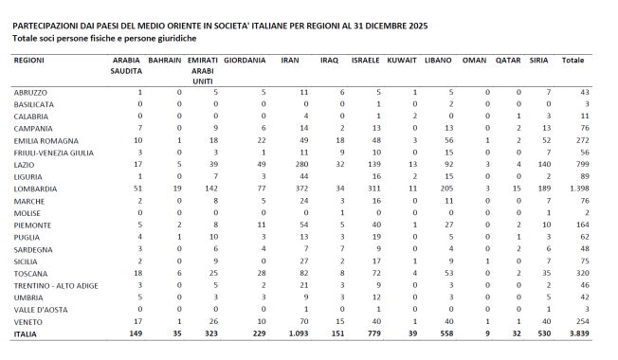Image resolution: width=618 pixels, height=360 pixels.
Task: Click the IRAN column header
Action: coord(291,60)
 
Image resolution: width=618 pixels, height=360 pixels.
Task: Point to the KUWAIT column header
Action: coord(402,60)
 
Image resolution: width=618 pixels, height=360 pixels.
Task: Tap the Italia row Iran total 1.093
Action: coord(298,333)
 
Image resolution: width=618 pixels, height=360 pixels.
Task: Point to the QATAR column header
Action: coord(508,60)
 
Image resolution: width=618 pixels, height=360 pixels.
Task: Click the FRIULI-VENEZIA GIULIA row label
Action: coord(54,152)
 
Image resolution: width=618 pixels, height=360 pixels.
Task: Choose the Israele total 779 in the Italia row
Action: coord(373,333)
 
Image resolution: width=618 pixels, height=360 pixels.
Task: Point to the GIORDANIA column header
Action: coord(245,60)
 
